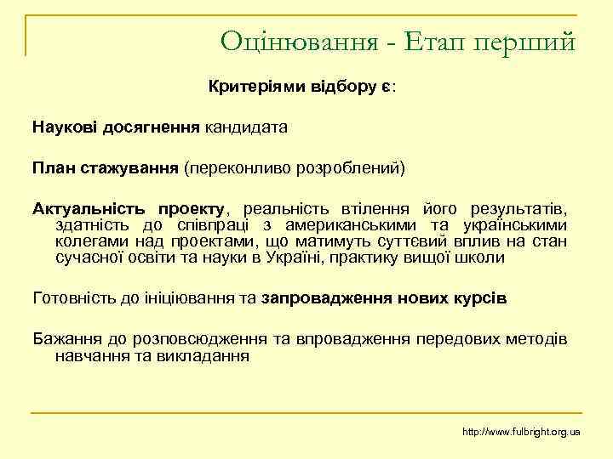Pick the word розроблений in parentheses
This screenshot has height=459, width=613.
[353, 167]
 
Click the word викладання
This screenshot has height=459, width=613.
[204, 355]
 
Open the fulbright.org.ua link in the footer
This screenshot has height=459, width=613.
[520, 432]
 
